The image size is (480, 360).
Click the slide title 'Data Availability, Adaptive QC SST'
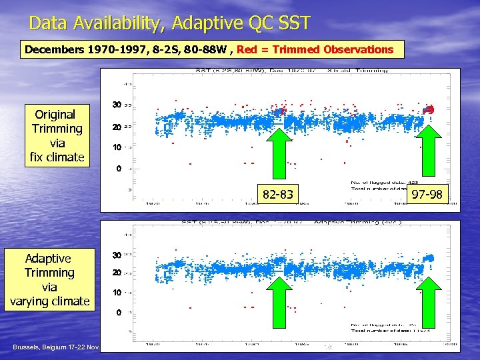[169, 24]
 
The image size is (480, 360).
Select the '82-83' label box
[278, 195]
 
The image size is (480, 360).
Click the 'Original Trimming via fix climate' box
[57, 136]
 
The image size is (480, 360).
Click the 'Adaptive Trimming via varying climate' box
[49, 279]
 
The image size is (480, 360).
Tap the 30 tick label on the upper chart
[116, 105]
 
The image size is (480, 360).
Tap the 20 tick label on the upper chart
[116, 127]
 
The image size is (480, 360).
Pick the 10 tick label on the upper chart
[116, 147]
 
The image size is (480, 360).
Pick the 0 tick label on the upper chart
[119, 169]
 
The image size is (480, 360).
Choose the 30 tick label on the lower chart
[116, 255]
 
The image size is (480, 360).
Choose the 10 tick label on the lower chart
[116, 293]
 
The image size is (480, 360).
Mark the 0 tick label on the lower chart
[119, 313]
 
